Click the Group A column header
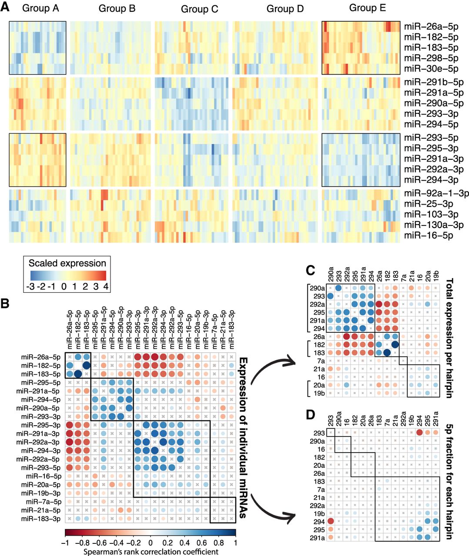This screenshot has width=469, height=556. (40, 8)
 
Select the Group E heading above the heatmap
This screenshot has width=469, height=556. (368, 8)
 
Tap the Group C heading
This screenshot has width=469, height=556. (199, 9)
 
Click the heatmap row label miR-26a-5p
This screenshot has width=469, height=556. (431, 26)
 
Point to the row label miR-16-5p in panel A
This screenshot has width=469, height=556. (429, 235)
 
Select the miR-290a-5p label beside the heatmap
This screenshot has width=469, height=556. (433, 103)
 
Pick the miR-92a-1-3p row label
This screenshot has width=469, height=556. (436, 193)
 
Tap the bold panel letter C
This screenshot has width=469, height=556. (311, 270)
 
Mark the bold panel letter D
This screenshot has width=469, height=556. (311, 415)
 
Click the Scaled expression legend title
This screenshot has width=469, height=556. (67, 263)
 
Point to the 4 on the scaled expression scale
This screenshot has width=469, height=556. (106, 287)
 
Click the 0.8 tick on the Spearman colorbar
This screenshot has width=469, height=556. (218, 543)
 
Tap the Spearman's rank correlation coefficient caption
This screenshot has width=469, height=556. (150, 552)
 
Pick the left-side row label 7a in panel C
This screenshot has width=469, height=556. (321, 361)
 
